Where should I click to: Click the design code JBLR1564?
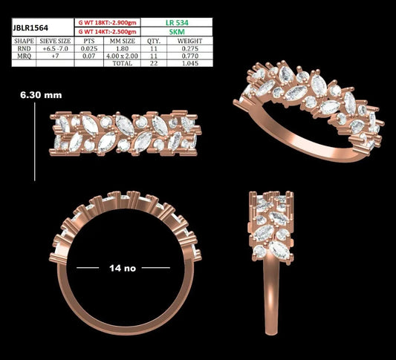30,28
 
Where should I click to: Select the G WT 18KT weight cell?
107,23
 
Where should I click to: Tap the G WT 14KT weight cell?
107,32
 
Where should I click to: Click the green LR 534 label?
177,23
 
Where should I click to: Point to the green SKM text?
177,32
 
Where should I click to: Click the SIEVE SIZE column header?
55,41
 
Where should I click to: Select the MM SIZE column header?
123,41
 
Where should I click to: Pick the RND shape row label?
24,49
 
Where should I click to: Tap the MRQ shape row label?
24,56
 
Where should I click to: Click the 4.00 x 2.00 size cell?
123,56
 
